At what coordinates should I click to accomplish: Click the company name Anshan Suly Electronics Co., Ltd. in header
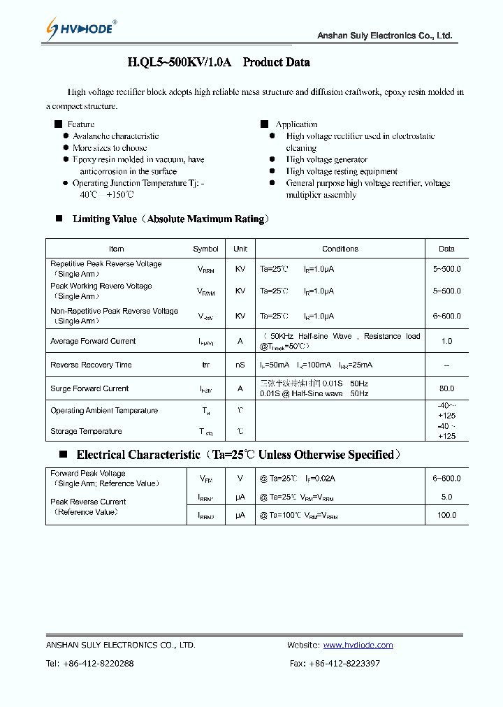tap(384, 36)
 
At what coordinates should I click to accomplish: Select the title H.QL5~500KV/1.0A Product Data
tap(218, 62)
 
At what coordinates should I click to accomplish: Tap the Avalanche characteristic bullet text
tap(115, 136)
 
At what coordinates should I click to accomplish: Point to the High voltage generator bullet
tap(326, 160)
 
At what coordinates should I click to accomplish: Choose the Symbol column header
tap(205, 249)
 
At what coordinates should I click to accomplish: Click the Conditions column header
tap(340, 249)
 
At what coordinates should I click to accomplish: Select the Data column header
tap(446, 249)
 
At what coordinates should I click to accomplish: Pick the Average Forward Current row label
tap(93, 342)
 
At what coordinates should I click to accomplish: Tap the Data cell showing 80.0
tap(446, 388)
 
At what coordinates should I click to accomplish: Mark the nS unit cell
tap(240, 365)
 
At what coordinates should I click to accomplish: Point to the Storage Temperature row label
tap(86, 432)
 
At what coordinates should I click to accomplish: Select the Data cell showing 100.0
tap(446, 515)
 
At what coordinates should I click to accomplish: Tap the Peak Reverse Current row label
tap(88, 502)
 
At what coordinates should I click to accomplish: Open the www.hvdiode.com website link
tap(358, 646)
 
